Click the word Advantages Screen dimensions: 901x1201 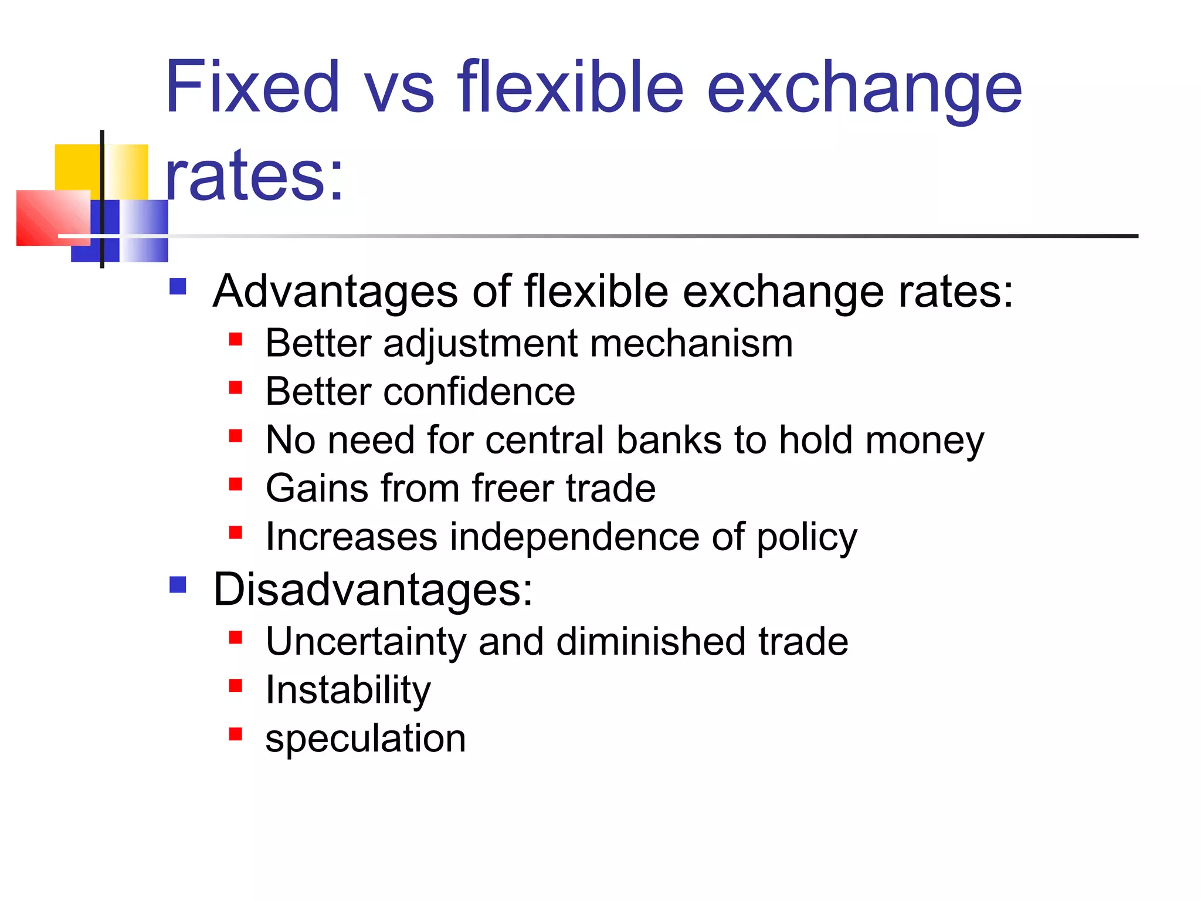[335, 292]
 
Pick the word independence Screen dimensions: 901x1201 [574, 537]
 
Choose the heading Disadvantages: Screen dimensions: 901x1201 [373, 590]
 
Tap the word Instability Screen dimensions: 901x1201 [348, 690]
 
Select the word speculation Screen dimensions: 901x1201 [365, 739]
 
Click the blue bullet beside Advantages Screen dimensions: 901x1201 [178, 287]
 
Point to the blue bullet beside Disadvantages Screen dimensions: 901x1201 [178, 585]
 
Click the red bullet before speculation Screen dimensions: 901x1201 [236, 734]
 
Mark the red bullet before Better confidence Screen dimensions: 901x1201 [236, 387]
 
